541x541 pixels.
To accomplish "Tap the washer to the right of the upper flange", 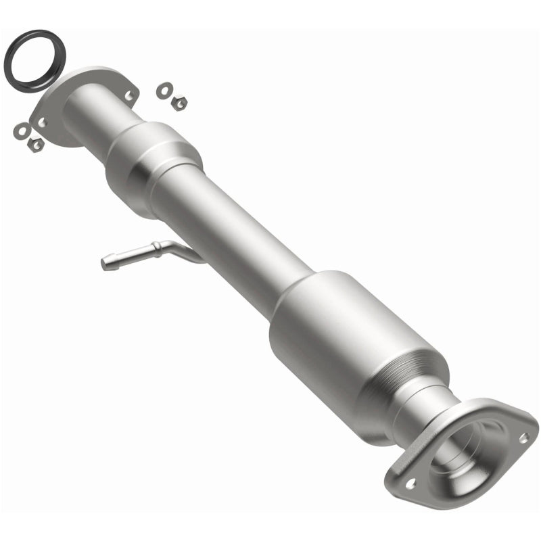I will [x=164, y=89].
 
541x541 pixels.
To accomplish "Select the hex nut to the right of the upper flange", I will [x=179, y=103].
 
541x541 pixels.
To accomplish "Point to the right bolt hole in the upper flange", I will [x=128, y=95].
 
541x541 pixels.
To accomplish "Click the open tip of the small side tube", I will [x=105, y=262].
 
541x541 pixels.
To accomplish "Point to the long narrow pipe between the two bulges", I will [x=230, y=230].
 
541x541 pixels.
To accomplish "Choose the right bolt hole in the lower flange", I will [x=522, y=438].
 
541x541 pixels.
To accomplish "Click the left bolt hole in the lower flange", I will [x=410, y=484].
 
